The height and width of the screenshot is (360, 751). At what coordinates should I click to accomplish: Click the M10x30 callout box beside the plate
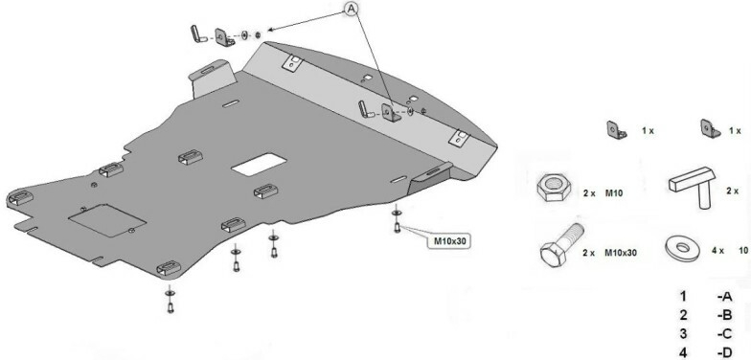coord(450,241)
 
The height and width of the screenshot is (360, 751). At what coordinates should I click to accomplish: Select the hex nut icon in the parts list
coord(554,187)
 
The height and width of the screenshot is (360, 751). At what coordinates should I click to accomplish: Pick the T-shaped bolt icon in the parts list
coord(693,186)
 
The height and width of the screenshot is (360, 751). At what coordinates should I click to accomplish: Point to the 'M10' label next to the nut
coord(613,193)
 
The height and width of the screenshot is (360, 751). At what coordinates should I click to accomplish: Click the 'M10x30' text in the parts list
coord(621,253)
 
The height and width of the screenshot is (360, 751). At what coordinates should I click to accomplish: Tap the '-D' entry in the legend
coord(724,352)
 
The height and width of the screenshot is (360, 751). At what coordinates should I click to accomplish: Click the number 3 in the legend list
coord(683,333)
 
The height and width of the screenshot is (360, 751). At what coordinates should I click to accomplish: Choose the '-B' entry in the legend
coord(724,315)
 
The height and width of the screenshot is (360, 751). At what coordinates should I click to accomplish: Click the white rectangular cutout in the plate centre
coord(259,164)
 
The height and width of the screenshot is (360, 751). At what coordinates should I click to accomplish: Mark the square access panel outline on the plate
coord(107,220)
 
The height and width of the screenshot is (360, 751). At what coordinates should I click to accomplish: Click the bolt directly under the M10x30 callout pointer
coord(397,228)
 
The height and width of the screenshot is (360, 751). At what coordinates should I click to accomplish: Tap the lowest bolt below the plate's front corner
coord(171,308)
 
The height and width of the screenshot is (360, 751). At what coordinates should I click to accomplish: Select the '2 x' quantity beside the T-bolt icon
coord(732,191)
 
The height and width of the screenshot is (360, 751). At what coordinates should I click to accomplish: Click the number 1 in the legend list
coord(683,297)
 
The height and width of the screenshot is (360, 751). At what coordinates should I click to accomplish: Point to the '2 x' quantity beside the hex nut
coord(588,193)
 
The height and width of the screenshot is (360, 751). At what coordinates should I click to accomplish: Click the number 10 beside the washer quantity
coord(743,250)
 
